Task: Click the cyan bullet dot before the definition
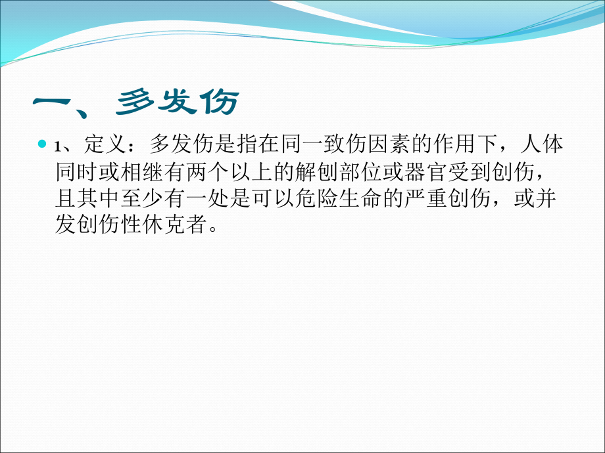[x=43, y=143]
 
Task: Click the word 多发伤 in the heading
[x=178, y=102]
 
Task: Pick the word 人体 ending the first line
[x=543, y=144]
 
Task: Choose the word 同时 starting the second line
[x=76, y=171]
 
